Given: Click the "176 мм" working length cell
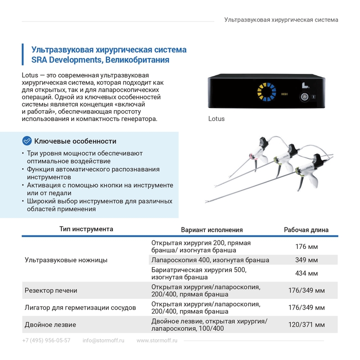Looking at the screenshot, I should click(x=306, y=247).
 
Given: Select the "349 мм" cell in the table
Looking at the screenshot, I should click(x=306, y=261).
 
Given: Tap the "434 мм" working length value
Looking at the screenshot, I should click(x=306, y=274).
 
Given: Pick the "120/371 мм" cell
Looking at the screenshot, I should click(x=306, y=325).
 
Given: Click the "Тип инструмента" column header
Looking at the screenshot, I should click(x=86, y=229).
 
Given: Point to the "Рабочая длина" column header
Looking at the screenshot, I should click(x=306, y=229).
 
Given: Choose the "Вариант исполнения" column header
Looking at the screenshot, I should click(x=211, y=229).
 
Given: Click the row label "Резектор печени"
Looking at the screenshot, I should click(x=51, y=291).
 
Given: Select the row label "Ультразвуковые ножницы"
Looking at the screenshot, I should click(x=66, y=260).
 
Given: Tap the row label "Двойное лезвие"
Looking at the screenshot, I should click(x=50, y=325).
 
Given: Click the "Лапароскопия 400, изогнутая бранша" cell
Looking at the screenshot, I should click(x=211, y=261).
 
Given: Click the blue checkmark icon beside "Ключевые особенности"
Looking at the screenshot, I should click(x=27, y=141).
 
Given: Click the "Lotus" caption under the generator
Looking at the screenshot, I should click(x=216, y=119).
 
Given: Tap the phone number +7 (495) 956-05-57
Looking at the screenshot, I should click(x=46, y=341).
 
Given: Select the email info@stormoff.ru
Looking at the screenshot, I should click(x=103, y=341).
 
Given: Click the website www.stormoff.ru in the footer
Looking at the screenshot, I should click(x=157, y=341).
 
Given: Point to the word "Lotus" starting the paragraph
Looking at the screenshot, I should click(x=30, y=75).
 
